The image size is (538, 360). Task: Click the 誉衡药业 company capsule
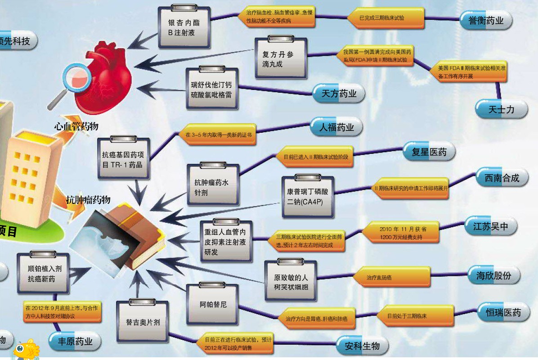click(486, 21)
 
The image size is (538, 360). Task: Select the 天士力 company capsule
click(501, 109)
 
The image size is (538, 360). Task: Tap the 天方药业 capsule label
click(339, 94)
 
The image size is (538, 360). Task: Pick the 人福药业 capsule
click(336, 127)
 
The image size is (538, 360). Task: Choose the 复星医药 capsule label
click(429, 152)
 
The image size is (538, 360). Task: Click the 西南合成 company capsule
click(502, 178)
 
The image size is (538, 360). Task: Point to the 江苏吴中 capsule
click(490, 226)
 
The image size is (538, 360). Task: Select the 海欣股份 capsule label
click(494, 275)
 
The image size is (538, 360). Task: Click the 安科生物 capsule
click(362, 346)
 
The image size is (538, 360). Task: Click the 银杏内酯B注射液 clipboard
click(184, 28)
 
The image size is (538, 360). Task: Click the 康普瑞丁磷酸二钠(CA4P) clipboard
click(307, 197)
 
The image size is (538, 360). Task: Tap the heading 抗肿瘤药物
click(88, 200)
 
